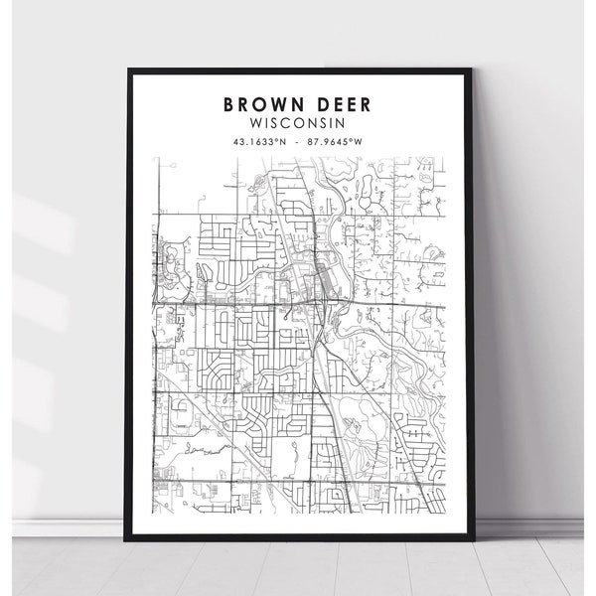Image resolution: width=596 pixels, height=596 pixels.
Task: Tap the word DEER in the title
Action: tap(343, 102)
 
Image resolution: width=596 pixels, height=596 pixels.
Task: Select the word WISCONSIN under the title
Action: tap(298, 122)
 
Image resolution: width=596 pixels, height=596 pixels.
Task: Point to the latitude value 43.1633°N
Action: tap(260, 141)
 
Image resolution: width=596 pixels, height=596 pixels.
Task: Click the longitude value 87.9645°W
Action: tap(336, 141)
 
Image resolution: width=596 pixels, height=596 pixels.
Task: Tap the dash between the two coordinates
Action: tap(298, 141)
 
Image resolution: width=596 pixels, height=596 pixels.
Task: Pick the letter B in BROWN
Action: tap(230, 102)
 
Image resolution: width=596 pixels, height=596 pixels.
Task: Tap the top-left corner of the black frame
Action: tap(127, 69)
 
